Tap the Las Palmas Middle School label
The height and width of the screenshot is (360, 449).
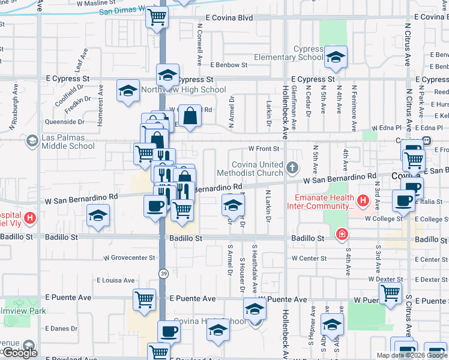pyautogui.click(x=68, y=142)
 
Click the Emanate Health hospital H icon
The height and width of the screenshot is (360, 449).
pyautogui.click(x=362, y=200)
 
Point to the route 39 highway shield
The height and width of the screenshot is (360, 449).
pyautogui.click(x=163, y=274)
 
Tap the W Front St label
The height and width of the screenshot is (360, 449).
pyautogui.click(x=264, y=148)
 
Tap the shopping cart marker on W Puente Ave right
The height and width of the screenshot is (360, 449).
pyautogui.click(x=391, y=293)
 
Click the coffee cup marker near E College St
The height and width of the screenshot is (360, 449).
pyautogui.click(x=404, y=201)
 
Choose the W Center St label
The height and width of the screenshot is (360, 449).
pyautogui.click(x=309, y=259)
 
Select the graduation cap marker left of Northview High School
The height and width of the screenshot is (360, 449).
pyautogui.click(x=128, y=91)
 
